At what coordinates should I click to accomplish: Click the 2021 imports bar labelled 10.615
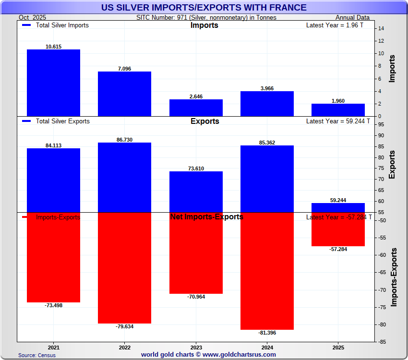[x=53, y=83]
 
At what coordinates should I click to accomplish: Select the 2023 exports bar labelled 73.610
[x=196, y=192]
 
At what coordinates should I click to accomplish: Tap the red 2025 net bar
[x=338, y=229]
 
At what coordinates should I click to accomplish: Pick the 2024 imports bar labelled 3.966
[x=267, y=104]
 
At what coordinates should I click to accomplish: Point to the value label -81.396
[x=267, y=333]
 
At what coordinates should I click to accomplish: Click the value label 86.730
[x=124, y=139]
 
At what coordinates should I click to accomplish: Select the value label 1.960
[x=338, y=101]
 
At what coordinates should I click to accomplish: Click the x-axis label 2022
[x=124, y=347]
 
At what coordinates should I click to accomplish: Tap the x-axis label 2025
[x=338, y=347]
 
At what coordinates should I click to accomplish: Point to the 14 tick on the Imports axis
[x=380, y=29]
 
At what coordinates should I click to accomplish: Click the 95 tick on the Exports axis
[x=380, y=125]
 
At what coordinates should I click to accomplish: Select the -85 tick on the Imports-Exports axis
[x=380, y=342]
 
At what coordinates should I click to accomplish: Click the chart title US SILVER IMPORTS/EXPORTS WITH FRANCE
[x=204, y=7]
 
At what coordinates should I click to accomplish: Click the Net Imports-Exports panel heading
[x=206, y=217]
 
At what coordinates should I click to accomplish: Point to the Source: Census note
[x=37, y=355]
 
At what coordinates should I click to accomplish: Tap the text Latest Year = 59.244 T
[x=338, y=121]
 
